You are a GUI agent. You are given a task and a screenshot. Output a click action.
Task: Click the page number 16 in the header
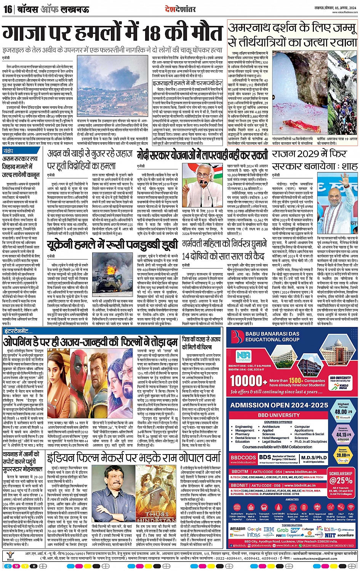pos(8,9)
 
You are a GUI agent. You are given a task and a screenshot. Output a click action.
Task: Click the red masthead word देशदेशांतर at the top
pos(180,9)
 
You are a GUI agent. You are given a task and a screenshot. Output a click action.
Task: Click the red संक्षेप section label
pos(8,151)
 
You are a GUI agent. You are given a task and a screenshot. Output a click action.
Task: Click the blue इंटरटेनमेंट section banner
pos(18,332)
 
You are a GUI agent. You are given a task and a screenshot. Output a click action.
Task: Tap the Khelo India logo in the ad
pos(344,387)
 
